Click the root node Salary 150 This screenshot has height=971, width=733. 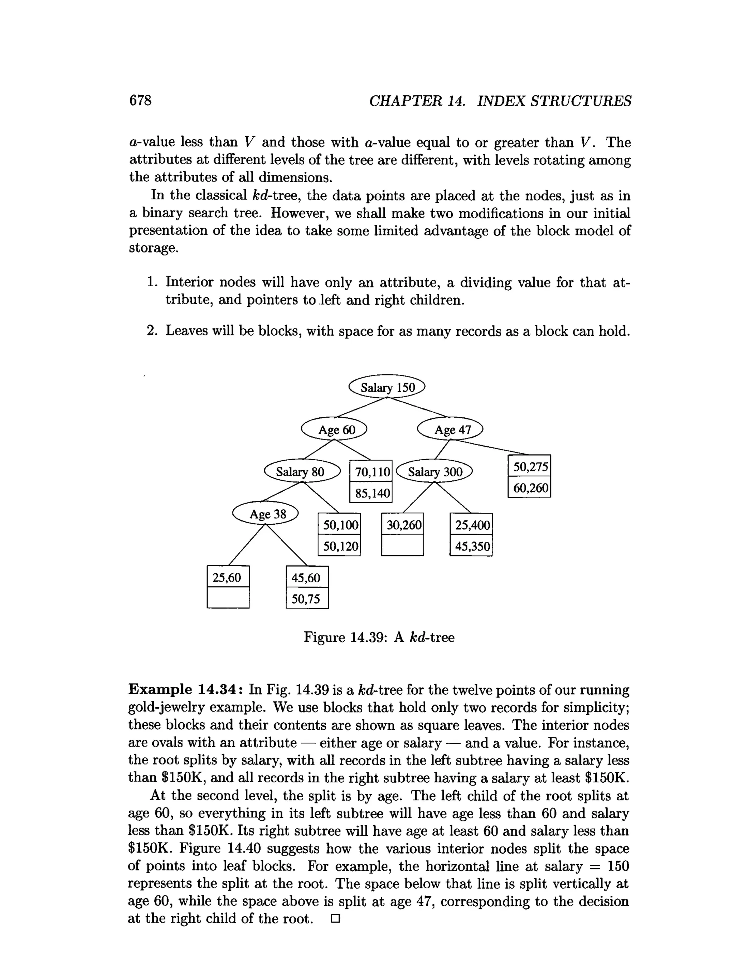coord(387,387)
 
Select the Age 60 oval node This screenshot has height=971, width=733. coord(334,429)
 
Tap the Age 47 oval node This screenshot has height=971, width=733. coord(450,429)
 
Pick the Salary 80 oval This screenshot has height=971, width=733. coord(302,471)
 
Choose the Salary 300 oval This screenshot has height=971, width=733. coord(434,471)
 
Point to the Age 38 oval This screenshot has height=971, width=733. coord(266,514)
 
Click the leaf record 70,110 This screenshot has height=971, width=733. coord(371,472)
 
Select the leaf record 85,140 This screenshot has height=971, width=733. coord(371,493)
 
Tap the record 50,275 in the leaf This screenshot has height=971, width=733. coord(529,467)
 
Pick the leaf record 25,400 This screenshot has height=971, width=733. coord(471,525)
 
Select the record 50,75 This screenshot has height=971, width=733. coord(307,599)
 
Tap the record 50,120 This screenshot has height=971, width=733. coord(339,546)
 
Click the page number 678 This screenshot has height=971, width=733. coord(140,101)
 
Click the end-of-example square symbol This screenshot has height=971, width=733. coord(335,918)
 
